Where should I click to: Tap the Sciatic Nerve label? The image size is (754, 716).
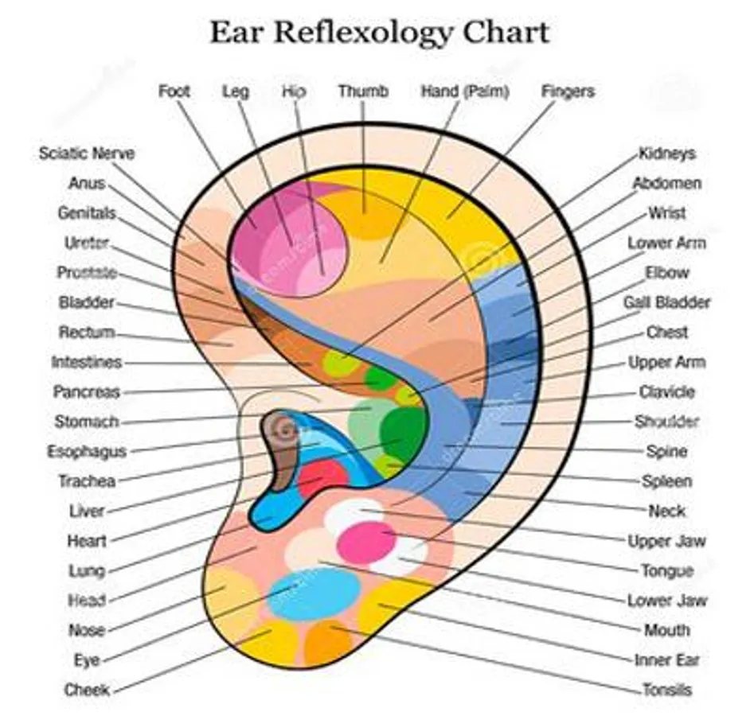[x=87, y=154]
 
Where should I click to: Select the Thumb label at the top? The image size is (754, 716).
[x=363, y=91]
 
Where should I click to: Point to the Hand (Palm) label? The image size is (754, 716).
[x=465, y=91]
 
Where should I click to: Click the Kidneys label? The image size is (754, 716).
[x=667, y=154]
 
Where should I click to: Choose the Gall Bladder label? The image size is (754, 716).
[x=666, y=302]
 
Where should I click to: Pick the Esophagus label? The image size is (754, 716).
[x=87, y=452]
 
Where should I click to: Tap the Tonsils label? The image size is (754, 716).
[x=667, y=690]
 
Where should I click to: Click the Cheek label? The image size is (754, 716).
[x=87, y=690]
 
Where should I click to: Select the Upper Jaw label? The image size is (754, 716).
[x=666, y=541]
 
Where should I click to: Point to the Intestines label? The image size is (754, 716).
[x=87, y=362]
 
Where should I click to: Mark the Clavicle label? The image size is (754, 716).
[x=667, y=391]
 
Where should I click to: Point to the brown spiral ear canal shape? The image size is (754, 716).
[x=282, y=447]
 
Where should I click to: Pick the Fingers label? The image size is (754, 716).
[x=568, y=91]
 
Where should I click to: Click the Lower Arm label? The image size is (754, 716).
[x=666, y=243]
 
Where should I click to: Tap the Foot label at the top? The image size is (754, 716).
[x=174, y=91]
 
